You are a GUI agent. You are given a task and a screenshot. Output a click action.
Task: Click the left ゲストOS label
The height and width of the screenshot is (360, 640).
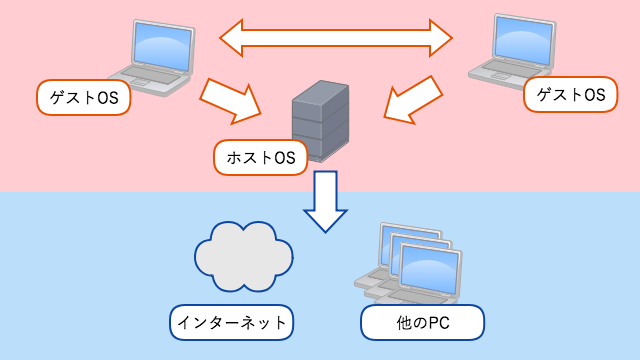83,97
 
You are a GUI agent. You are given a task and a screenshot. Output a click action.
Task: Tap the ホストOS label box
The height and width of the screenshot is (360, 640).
261,157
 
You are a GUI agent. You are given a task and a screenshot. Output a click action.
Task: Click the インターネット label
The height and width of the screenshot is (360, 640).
232,322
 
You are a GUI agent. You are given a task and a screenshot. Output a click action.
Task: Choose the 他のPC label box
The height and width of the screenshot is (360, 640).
422,322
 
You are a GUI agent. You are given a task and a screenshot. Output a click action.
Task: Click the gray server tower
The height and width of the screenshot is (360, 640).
320,123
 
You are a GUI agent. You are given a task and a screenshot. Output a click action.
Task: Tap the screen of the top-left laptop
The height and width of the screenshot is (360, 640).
162,46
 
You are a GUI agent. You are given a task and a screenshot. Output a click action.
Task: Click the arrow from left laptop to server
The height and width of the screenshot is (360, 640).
232,99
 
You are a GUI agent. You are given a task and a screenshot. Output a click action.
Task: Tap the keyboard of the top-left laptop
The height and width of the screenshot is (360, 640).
146,77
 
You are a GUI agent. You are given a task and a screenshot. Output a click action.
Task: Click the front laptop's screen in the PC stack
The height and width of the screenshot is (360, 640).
428,267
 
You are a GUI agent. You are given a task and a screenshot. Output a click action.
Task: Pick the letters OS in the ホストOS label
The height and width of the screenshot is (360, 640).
285,157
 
